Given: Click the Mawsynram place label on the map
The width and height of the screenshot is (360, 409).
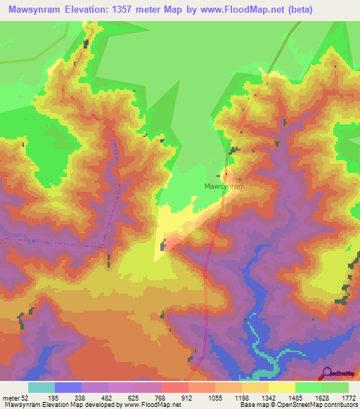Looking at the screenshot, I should click(x=224, y=187).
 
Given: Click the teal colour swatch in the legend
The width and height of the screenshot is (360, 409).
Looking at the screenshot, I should click(x=41, y=388).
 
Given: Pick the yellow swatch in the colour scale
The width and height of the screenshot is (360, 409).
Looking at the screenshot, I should click(x=281, y=388).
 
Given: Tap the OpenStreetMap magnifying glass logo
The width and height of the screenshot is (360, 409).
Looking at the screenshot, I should click(x=326, y=372).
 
